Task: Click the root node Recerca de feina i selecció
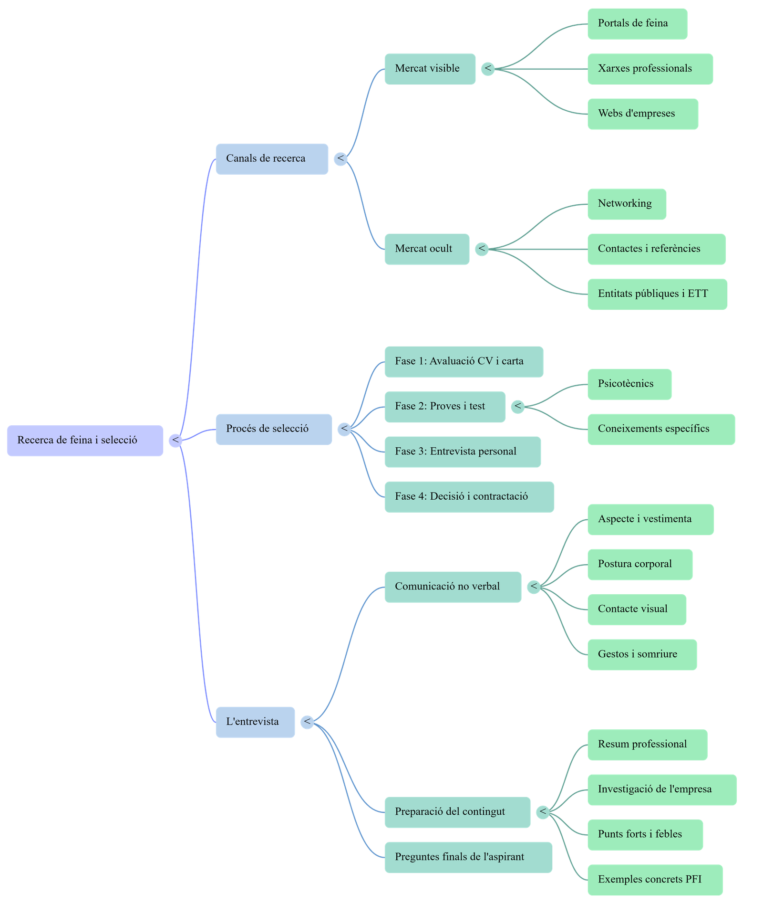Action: (x=85, y=440)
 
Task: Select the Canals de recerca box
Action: (x=271, y=159)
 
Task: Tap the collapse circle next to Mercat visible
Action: (x=487, y=69)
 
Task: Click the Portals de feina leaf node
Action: (x=637, y=23)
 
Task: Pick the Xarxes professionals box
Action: (x=650, y=69)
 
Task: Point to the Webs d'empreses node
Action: (x=642, y=114)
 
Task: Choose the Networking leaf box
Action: (x=626, y=204)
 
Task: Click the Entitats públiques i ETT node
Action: (x=657, y=294)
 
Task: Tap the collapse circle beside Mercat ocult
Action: (x=482, y=249)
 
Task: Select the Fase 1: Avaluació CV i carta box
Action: (x=463, y=361)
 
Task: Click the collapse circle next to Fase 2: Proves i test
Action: (x=517, y=407)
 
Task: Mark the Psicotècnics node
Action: (x=629, y=384)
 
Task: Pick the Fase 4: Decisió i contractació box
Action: (x=469, y=496)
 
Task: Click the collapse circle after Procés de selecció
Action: (x=344, y=429)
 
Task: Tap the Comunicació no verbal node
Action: (x=452, y=587)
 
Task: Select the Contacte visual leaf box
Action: (x=637, y=609)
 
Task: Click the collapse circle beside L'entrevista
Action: (x=307, y=722)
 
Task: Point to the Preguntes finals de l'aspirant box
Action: (x=468, y=857)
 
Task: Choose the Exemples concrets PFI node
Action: (x=654, y=880)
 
